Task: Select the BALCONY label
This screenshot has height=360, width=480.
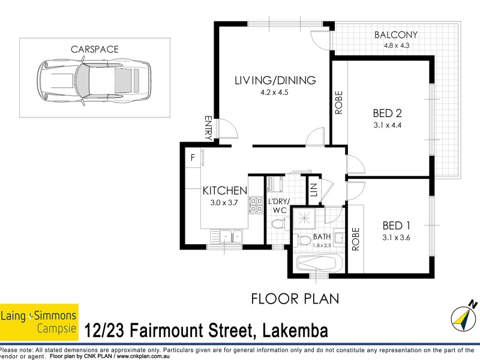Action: [x=396, y=34]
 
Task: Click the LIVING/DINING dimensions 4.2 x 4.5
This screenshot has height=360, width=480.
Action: [x=275, y=92]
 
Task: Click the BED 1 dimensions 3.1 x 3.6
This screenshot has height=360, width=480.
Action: [x=396, y=237]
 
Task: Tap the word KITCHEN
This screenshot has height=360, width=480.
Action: [x=224, y=191]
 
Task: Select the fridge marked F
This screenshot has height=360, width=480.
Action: [x=193, y=158]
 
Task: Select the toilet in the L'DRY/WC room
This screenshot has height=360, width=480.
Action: [x=277, y=224]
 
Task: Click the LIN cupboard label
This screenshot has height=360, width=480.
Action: [x=313, y=191]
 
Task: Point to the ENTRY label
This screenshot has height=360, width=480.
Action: [x=208, y=128]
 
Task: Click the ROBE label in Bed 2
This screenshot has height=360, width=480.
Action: [x=339, y=101]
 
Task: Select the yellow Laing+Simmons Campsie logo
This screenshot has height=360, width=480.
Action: [x=39, y=318]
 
